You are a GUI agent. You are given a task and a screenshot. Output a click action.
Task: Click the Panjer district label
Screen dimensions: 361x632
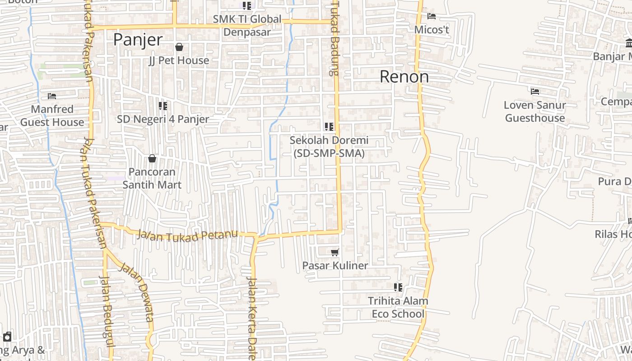point(138,40)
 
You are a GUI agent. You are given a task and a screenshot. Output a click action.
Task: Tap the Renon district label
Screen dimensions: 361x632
point(404,77)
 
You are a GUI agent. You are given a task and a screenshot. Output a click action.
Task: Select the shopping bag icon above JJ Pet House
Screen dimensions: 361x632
point(179,47)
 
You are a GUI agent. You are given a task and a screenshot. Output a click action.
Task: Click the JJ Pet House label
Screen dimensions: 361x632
point(179,60)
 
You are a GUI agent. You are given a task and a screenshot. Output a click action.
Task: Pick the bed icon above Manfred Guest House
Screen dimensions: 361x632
point(52,96)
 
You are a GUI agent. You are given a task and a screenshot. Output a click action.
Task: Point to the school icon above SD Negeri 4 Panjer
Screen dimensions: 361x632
point(163,106)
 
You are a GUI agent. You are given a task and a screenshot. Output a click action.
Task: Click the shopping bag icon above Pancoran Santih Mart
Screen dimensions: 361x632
point(152,158)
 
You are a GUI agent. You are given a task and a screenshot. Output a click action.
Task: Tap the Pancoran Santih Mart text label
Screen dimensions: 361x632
point(152,178)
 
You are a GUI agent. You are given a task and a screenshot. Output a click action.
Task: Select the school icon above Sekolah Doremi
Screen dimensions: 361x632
point(329,127)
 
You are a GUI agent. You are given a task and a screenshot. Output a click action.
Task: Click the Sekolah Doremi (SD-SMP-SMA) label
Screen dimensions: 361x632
point(329,147)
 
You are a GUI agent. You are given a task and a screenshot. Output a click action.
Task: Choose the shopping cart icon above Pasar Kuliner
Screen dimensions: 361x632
point(335,252)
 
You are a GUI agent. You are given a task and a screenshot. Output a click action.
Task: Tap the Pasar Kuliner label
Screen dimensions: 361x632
point(335,266)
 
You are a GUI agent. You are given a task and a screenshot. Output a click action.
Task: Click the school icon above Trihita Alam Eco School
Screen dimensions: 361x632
point(398,287)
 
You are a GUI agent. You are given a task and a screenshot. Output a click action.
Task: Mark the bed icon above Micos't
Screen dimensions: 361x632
point(432,16)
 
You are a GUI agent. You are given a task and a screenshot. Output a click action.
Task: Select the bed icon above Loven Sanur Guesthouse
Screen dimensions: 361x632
point(535,92)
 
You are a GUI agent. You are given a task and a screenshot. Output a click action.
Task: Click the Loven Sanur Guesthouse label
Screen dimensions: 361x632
point(535,111)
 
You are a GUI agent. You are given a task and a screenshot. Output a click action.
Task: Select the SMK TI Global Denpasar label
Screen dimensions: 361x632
point(247,26)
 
